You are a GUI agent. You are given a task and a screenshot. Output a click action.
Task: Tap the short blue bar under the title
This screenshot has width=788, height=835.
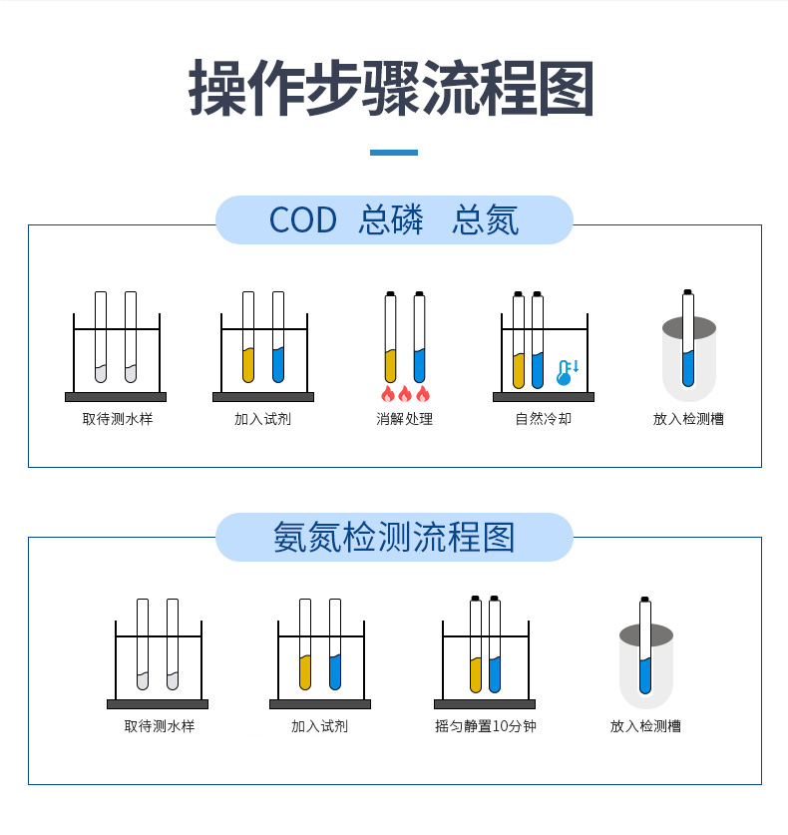[x=393, y=153]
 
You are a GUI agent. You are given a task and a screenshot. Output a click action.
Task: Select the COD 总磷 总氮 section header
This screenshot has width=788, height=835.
[x=394, y=220]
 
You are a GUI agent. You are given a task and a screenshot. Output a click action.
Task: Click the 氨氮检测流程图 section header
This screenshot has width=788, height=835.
[x=394, y=538]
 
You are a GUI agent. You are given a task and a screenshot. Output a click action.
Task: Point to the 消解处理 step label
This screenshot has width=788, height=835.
[x=404, y=419]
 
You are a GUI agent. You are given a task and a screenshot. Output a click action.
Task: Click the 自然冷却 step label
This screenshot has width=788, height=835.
[x=544, y=419]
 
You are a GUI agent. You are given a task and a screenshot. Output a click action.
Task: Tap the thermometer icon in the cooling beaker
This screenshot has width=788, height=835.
[x=566, y=373]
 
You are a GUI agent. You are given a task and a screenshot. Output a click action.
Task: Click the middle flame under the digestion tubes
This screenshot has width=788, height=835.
[x=405, y=393]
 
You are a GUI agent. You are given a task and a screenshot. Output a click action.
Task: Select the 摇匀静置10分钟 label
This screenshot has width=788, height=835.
[x=486, y=726]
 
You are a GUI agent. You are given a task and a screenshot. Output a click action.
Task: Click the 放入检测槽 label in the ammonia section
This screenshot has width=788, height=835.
[x=645, y=726]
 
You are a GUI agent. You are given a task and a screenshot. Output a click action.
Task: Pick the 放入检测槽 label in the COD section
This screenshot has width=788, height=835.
[x=688, y=419]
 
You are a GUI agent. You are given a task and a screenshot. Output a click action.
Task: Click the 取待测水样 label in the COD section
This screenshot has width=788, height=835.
[x=118, y=419]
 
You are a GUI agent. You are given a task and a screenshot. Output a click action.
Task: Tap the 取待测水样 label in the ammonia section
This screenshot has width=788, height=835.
[x=160, y=726]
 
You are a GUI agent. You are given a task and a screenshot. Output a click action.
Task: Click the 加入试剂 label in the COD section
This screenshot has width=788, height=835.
[x=262, y=419]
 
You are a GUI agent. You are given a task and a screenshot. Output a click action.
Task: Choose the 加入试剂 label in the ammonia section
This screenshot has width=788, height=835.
[x=319, y=726]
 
